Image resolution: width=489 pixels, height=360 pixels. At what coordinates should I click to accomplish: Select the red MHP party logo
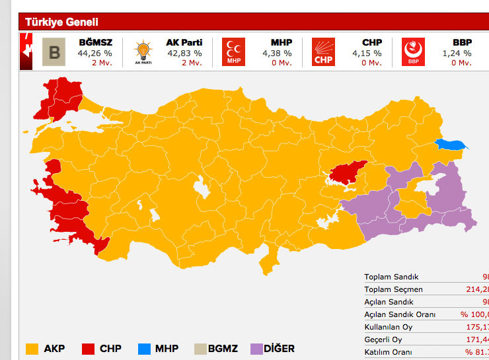(233, 52)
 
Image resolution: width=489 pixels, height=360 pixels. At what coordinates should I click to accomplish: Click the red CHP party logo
(323, 52)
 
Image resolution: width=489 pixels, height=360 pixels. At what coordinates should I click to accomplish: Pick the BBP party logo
(413, 52)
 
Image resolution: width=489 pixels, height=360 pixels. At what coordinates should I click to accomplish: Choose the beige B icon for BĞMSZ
(54, 52)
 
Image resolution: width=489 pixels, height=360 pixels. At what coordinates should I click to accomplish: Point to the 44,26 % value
(94, 54)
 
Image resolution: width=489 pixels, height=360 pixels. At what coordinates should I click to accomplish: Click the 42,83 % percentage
(184, 54)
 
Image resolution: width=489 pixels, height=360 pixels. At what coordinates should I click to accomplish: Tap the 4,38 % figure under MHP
(277, 54)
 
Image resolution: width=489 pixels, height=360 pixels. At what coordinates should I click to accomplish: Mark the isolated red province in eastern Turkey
(346, 172)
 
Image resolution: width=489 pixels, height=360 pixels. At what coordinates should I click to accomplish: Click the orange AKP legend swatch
(32, 348)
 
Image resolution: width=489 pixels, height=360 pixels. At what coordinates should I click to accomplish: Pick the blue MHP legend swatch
(144, 348)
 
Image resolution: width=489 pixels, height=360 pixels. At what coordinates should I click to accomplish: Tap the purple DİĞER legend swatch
(256, 348)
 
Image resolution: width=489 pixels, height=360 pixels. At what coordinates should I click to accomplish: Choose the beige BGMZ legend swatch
(199, 348)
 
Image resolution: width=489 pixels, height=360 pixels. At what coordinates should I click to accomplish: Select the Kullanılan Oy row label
(389, 327)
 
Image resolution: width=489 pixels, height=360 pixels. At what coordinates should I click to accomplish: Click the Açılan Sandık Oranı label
(400, 314)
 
